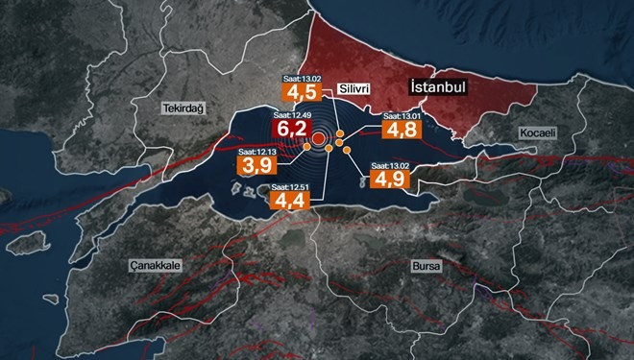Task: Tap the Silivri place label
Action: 354,88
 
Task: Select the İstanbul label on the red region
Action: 437,86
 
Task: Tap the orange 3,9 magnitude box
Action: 255,166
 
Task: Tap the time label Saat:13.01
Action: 396,116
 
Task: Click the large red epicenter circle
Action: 318,142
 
